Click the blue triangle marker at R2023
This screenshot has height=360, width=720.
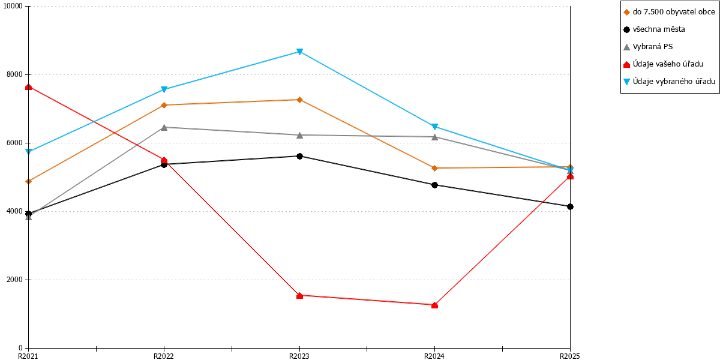[299, 52]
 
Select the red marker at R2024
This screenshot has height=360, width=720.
[434, 305]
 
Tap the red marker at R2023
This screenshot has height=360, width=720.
[299, 295]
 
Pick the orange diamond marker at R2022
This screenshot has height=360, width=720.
[164, 105]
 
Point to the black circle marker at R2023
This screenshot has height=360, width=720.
[299, 156]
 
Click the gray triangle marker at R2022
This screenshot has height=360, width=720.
[164, 127]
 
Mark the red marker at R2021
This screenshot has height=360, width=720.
[29, 87]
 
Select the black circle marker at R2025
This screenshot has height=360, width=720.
[570, 206]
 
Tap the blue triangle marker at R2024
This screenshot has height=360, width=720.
[434, 127]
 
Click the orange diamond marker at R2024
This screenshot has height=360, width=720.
[434, 168]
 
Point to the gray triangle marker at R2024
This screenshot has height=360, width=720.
[434, 137]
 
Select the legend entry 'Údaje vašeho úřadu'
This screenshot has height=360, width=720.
[664, 64]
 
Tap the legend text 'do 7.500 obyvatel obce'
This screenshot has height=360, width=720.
[674, 12]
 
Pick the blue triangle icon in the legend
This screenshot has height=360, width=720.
[626, 82]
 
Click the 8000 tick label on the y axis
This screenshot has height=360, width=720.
[14, 74]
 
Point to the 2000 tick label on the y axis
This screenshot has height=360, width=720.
[14, 280]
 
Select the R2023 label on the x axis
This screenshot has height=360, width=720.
[299, 356]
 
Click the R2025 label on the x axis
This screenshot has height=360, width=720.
[570, 356]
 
